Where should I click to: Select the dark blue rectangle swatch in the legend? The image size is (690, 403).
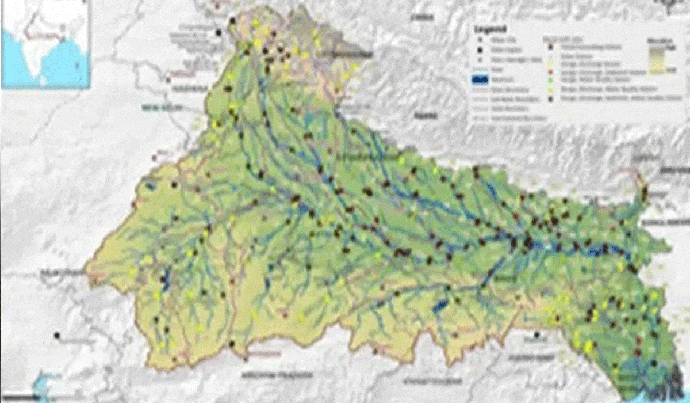coord(478,80)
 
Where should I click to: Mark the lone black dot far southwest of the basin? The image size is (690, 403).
coord(57,334)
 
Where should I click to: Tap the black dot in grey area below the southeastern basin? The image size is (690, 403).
coord(536,334)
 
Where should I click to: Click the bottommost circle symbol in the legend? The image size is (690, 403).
coord(550,99)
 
